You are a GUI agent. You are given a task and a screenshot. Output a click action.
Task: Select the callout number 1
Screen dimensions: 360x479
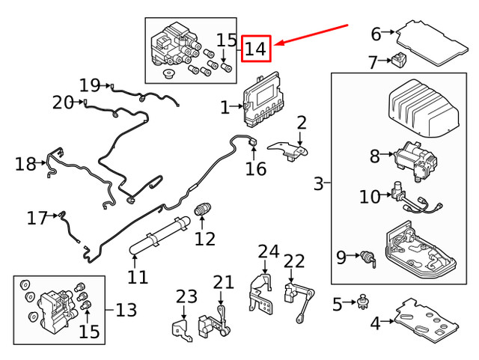pyautogui.click(x=225, y=108)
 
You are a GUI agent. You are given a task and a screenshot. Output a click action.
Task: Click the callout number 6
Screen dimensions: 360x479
pyautogui.click(x=376, y=33)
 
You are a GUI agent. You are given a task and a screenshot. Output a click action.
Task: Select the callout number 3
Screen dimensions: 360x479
pyautogui.click(x=320, y=183)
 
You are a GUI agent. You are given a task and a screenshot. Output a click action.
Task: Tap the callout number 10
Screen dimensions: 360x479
pyautogui.click(x=370, y=197)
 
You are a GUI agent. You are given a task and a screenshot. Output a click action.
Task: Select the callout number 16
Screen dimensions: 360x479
pyautogui.click(x=255, y=168)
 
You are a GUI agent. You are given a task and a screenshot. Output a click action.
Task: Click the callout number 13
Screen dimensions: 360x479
pyautogui.click(x=126, y=308)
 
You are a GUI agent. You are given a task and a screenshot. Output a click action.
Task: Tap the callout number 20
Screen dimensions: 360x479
pyautogui.click(x=63, y=102)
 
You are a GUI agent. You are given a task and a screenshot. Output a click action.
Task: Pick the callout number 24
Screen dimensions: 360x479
pyautogui.click(x=268, y=251)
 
